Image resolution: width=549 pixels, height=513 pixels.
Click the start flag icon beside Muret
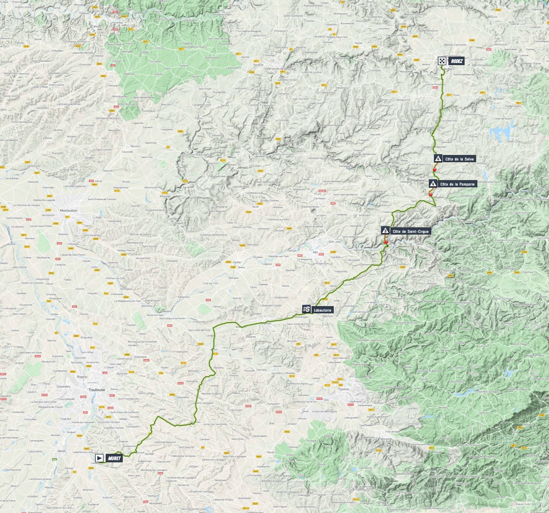click(x=99, y=458)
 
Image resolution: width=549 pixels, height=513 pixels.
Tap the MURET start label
click(x=114, y=459)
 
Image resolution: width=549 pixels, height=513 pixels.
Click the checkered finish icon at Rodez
click(x=442, y=61)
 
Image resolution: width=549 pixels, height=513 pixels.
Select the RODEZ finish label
click(x=456, y=61)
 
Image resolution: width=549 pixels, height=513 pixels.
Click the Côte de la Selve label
click(x=459, y=159)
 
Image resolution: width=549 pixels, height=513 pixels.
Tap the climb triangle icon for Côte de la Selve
click(x=438, y=159)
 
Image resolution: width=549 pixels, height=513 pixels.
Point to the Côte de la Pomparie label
click(x=457, y=184)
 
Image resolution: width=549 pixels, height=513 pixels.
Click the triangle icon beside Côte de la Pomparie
click(x=433, y=184)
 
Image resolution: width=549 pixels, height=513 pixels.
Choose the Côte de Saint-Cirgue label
click(x=410, y=232)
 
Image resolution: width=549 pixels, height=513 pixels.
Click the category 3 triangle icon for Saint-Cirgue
click(x=385, y=231)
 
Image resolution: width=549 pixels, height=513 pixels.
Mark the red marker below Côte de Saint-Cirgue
click(x=387, y=242)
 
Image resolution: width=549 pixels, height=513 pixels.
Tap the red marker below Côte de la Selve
click(x=435, y=169)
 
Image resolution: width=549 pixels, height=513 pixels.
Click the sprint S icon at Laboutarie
click(x=306, y=310)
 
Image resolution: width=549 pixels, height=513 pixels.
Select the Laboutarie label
click(x=322, y=310)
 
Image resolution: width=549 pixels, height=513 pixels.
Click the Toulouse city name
click(x=97, y=390)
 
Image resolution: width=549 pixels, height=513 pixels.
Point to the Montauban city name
click(x=68, y=210)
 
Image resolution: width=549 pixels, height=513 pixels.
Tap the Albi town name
click(x=315, y=252)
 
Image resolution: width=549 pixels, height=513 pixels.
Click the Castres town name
click(x=344, y=389)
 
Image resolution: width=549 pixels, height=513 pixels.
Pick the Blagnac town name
click(x=82, y=377)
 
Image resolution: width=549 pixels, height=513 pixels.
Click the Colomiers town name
click(x=64, y=387)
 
